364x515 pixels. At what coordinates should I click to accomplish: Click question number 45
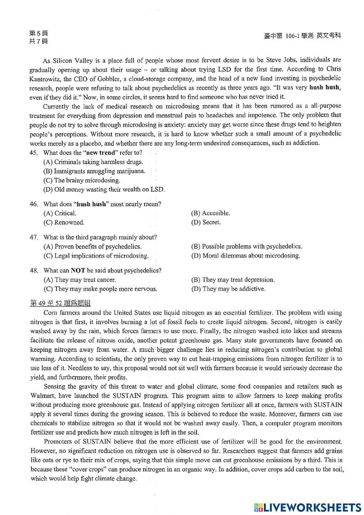pyautogui.click(x=34, y=153)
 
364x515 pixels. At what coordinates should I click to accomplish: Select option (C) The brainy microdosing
pyautogui.click(x=82, y=180)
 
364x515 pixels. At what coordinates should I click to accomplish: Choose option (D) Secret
pyautogui.click(x=206, y=222)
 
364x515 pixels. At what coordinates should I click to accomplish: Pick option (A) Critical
pyautogui.click(x=60, y=213)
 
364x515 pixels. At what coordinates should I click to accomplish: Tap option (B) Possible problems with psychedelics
pyautogui.click(x=246, y=247)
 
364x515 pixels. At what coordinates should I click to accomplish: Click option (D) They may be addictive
pyautogui.click(x=228, y=289)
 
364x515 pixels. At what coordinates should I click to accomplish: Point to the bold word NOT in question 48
pyautogui.click(x=78, y=270)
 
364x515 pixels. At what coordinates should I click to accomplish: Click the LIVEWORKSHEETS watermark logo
pyautogui.click(x=307, y=507)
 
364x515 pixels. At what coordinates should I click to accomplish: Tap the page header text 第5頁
pyautogui.click(x=38, y=33)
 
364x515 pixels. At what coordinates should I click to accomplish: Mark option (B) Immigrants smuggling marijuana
pyautogui.click(x=94, y=171)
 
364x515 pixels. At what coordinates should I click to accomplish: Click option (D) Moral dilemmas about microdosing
pyautogui.click(x=245, y=256)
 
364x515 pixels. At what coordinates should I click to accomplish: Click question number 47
pyautogui.click(x=34, y=237)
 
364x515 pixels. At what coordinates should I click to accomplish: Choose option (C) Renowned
pyautogui.click(x=64, y=222)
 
